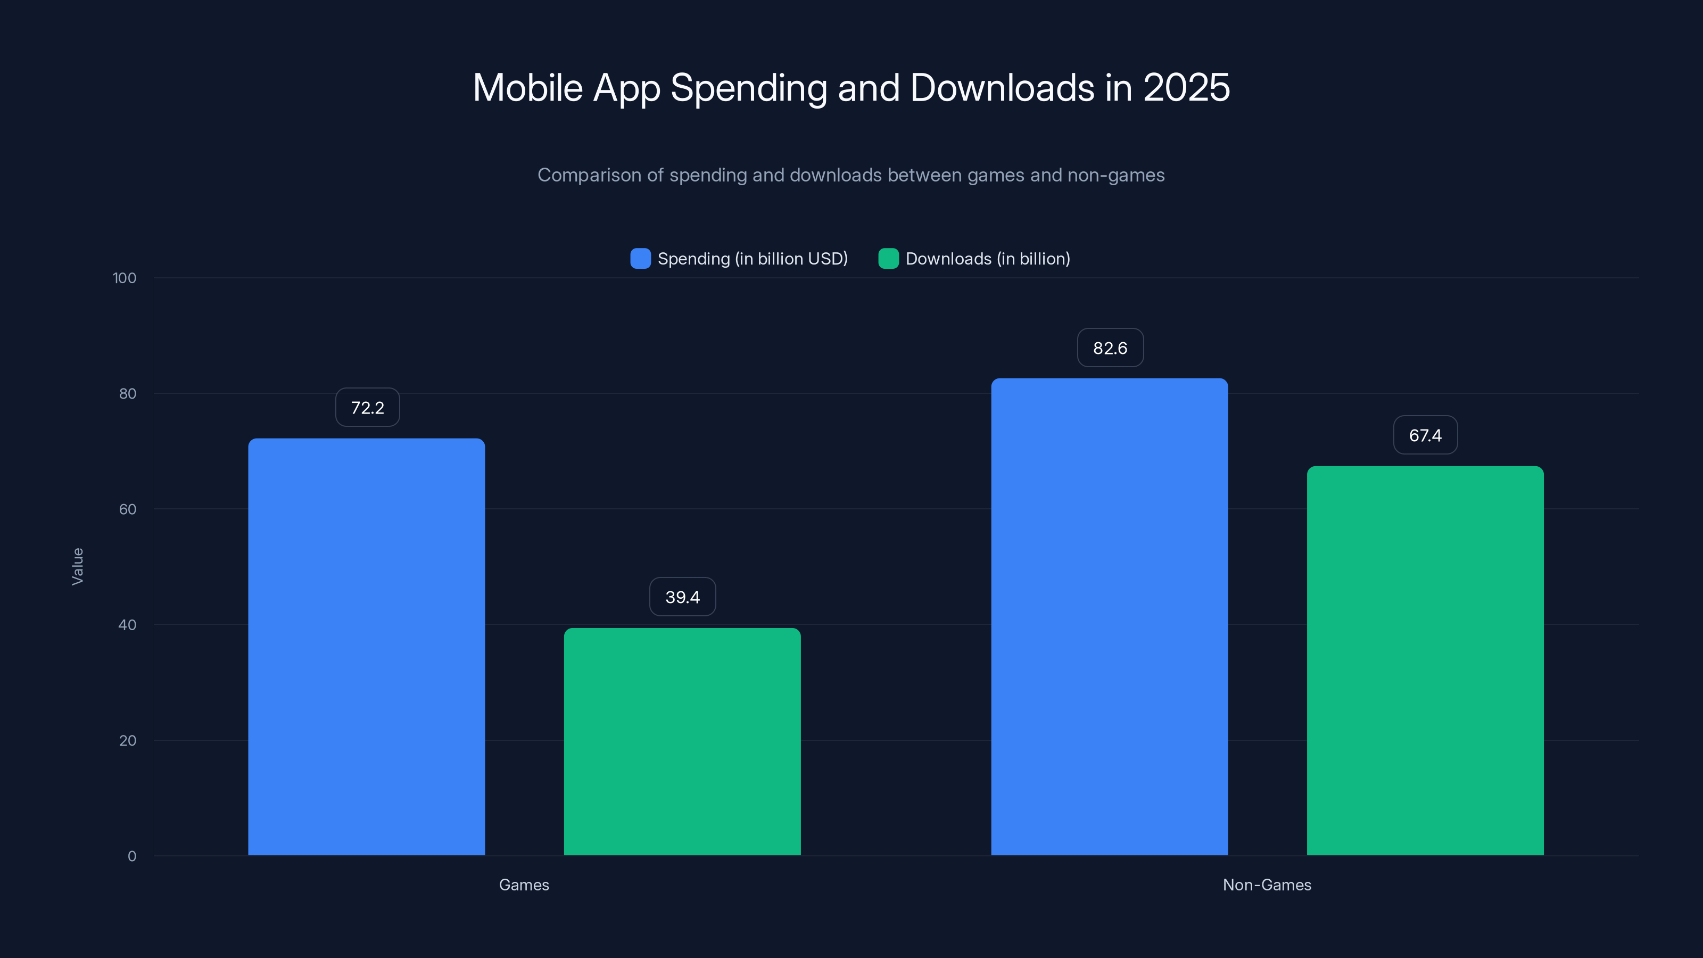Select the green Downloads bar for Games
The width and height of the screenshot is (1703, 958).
(x=682, y=741)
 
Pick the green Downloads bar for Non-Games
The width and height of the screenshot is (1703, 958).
(x=1425, y=660)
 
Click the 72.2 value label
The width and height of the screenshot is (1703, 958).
(x=368, y=407)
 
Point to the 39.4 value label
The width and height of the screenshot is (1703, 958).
(x=682, y=597)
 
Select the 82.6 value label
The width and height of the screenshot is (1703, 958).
(x=1110, y=348)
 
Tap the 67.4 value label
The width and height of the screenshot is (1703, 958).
(x=1425, y=435)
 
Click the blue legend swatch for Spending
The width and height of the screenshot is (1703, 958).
(x=640, y=259)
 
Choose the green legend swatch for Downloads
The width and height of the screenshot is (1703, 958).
(x=888, y=259)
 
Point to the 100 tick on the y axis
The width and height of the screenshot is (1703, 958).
(x=125, y=278)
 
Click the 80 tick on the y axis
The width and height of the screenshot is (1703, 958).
(x=128, y=393)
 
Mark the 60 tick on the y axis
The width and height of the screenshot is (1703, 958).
(x=128, y=509)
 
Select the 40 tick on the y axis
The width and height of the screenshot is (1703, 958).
(x=128, y=625)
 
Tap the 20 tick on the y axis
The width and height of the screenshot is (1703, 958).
(x=128, y=740)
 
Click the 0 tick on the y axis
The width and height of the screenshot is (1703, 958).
(x=131, y=856)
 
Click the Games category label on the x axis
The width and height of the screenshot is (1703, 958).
(x=524, y=885)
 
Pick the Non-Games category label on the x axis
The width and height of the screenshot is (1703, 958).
(x=1267, y=885)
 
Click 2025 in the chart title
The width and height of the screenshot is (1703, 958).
(x=1186, y=88)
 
